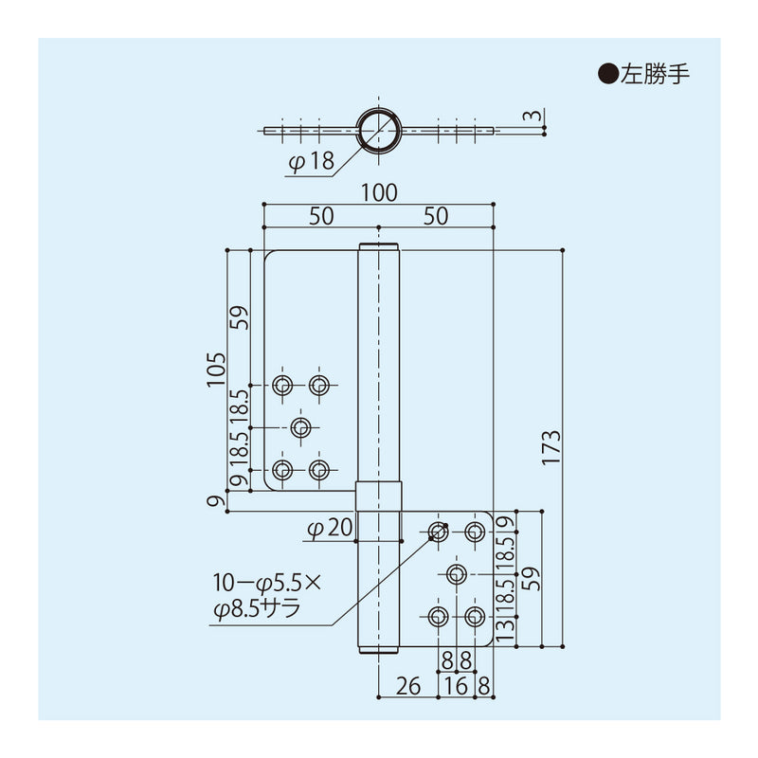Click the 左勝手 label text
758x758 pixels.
(x=653, y=75)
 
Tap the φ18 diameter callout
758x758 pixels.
(x=311, y=162)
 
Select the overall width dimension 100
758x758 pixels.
(x=378, y=192)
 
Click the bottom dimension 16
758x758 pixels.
(x=457, y=685)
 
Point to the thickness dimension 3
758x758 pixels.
(x=536, y=117)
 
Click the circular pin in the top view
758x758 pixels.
(x=378, y=131)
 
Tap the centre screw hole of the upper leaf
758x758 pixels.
(x=300, y=427)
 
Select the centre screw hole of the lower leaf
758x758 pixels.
(x=457, y=573)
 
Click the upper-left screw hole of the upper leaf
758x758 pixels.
(x=281, y=385)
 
